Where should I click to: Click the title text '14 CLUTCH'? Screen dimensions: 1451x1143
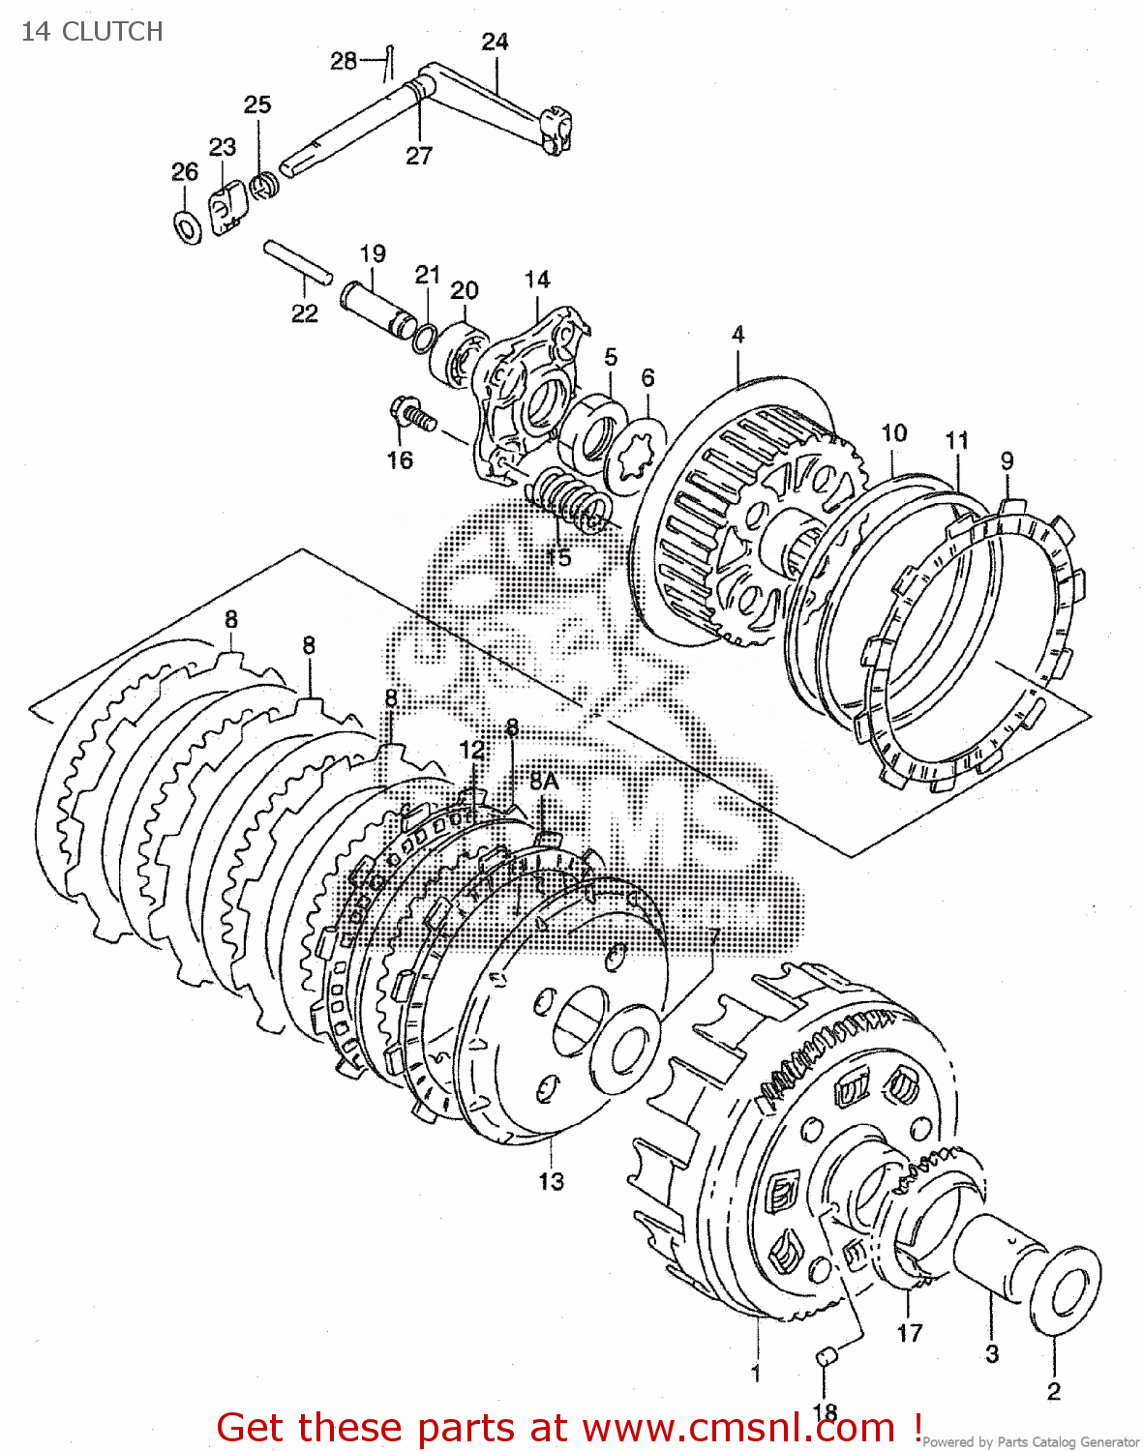92,32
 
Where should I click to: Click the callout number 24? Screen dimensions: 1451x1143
495,42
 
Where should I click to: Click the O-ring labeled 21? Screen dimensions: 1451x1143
424,338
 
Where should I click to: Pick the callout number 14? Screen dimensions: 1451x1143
537,280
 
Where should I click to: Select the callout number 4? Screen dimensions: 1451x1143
737,335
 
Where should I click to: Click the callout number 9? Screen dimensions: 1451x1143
1007,460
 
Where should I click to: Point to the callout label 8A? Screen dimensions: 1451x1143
544,782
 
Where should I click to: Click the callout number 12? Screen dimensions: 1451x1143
471,750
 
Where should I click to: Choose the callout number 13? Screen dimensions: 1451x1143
551,1181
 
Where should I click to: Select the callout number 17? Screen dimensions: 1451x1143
909,1333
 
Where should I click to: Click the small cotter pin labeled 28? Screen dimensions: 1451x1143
389,60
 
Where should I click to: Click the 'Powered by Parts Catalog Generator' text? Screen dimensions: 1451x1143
1030,1441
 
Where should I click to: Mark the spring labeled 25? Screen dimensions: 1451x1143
263,184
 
